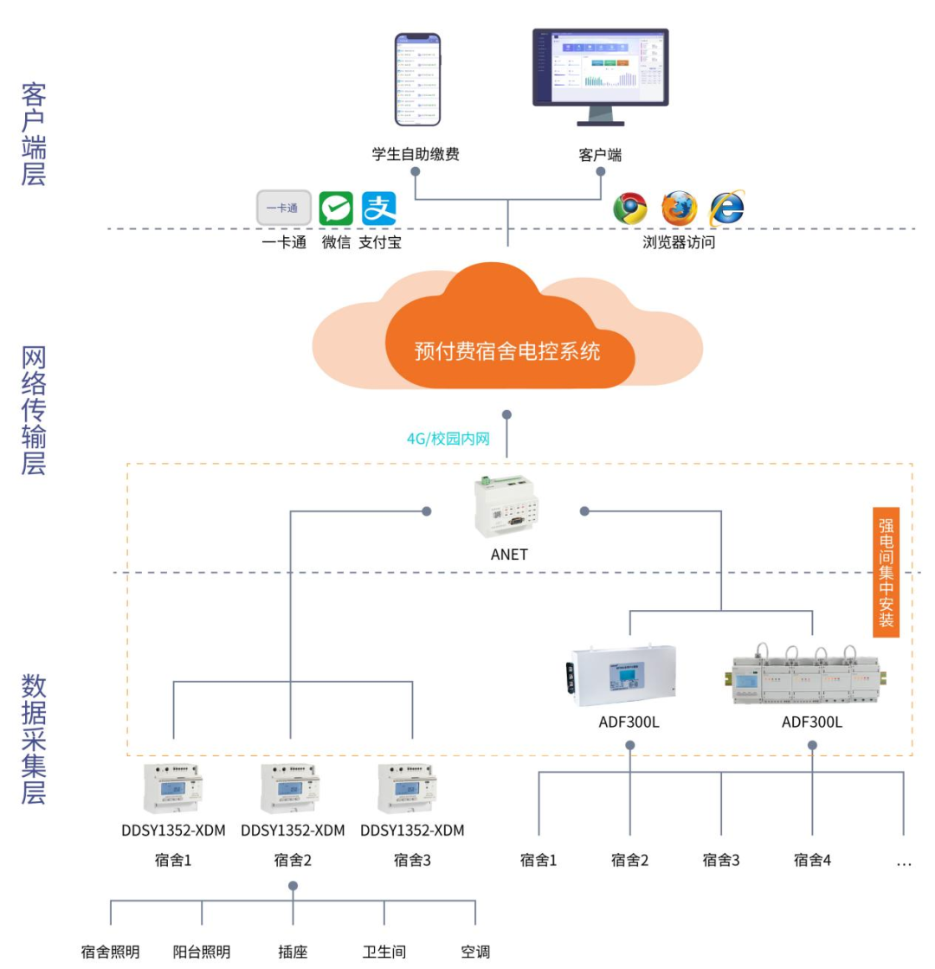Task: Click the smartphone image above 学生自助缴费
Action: [417, 80]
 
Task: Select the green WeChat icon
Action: [336, 209]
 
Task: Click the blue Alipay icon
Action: [378, 209]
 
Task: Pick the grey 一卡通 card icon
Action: [283, 209]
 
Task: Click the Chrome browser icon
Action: [630, 209]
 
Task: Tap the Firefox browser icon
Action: [679, 209]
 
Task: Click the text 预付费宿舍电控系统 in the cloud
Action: [506, 352]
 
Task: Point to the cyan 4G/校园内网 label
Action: [448, 439]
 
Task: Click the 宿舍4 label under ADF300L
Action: [813, 861]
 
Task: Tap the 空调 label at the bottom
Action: [475, 952]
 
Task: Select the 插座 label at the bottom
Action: [293, 952]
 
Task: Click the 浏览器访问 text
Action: [679, 242]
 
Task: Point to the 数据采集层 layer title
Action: [33, 740]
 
